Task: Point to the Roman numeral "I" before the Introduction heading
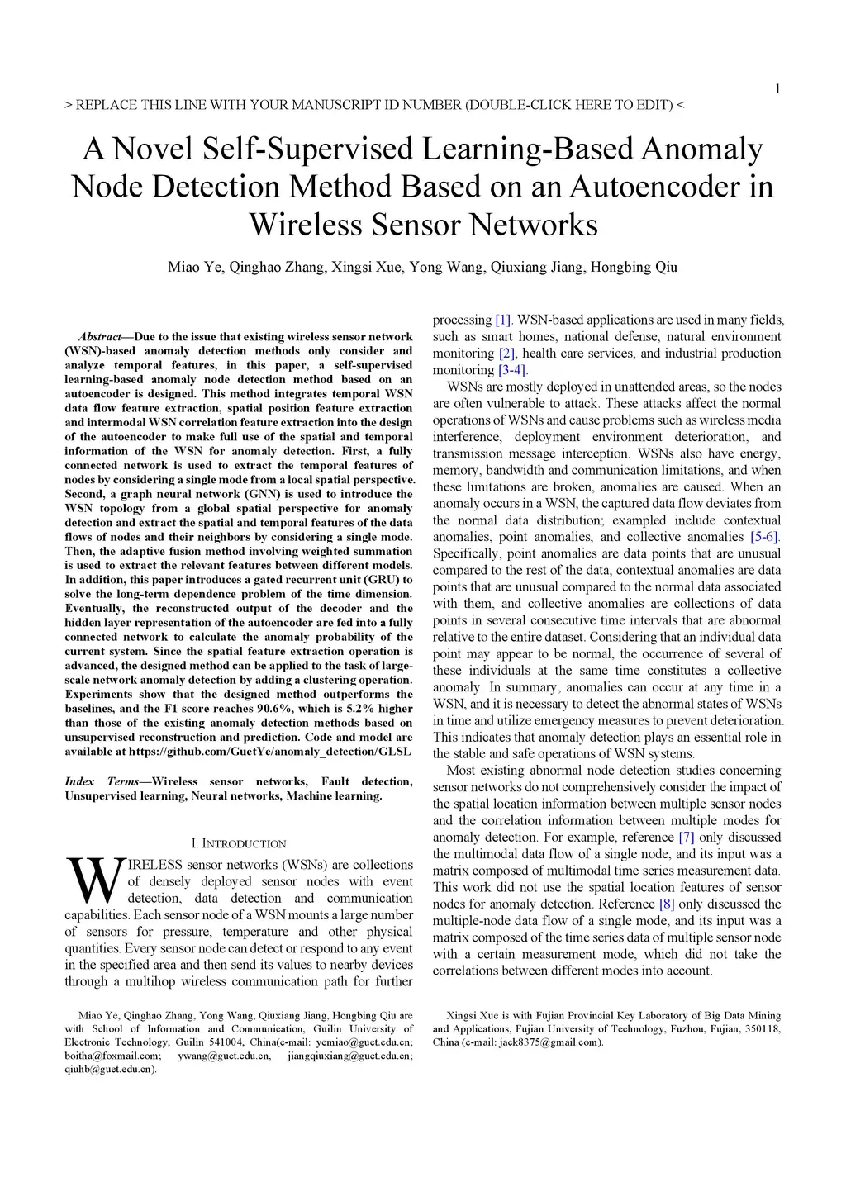click(x=194, y=843)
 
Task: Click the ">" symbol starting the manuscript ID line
click(x=68, y=105)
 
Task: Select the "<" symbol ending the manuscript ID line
click(x=680, y=105)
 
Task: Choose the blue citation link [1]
click(x=503, y=320)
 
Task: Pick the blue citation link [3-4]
click(x=512, y=370)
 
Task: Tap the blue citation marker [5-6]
click(x=765, y=537)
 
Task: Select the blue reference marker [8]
click(x=667, y=904)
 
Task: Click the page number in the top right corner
click(x=777, y=89)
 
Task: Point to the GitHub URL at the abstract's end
click(x=270, y=752)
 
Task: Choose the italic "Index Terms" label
click(x=102, y=781)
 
